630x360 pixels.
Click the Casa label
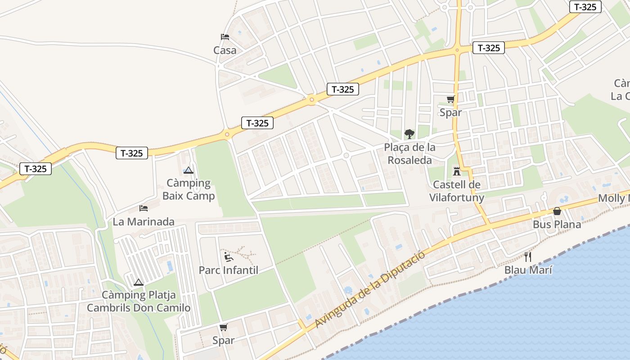click(x=225, y=50)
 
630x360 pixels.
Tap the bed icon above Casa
click(x=225, y=37)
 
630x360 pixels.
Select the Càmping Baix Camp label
click(x=189, y=189)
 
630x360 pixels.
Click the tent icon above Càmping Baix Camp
click(x=189, y=170)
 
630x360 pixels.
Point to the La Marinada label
click(x=144, y=221)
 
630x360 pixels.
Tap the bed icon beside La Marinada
click(x=144, y=208)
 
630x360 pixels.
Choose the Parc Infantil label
click(x=229, y=270)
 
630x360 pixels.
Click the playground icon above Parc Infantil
click(x=229, y=257)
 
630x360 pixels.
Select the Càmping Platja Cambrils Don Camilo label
click(x=139, y=301)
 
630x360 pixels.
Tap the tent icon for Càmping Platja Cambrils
click(x=139, y=283)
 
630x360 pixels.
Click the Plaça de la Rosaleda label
click(x=409, y=153)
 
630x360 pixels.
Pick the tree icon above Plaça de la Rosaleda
click(x=409, y=134)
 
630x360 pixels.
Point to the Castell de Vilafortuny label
click(x=457, y=191)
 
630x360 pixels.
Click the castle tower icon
click(x=457, y=171)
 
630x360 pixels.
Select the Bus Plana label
click(x=557, y=224)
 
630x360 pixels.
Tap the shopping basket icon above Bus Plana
click(x=557, y=211)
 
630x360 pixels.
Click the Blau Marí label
click(x=528, y=270)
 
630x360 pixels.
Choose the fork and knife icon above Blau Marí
click(x=528, y=257)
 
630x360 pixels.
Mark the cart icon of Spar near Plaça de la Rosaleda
click(x=450, y=99)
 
